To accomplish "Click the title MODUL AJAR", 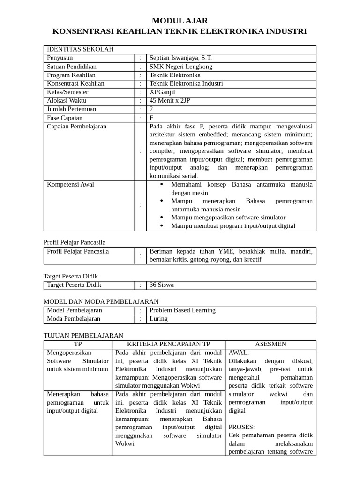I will pos(180,21).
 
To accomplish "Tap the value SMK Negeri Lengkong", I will pos(180,67).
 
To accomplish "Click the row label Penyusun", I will pos(60,58).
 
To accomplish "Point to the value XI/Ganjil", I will pos(162,92).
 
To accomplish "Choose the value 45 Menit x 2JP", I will pos(170,101).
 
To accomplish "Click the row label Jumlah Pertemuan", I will pos(71,109).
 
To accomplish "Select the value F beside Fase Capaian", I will pos(151,118).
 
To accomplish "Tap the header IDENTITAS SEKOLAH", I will pos(80,50).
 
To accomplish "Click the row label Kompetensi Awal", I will pos(70,185).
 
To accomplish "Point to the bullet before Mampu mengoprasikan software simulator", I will pos(162,217).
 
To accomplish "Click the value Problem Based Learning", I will pos(182,310).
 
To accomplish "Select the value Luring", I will pos(158,319).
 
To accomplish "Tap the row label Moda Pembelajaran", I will pos(74,319).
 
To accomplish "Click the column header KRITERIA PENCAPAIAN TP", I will pos(169,344).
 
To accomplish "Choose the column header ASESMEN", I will pos(270,344).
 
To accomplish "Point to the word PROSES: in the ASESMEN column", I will pos(241,427).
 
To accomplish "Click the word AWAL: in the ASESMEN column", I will pos(239,352).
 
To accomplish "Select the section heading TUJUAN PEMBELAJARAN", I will pos(83,336).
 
